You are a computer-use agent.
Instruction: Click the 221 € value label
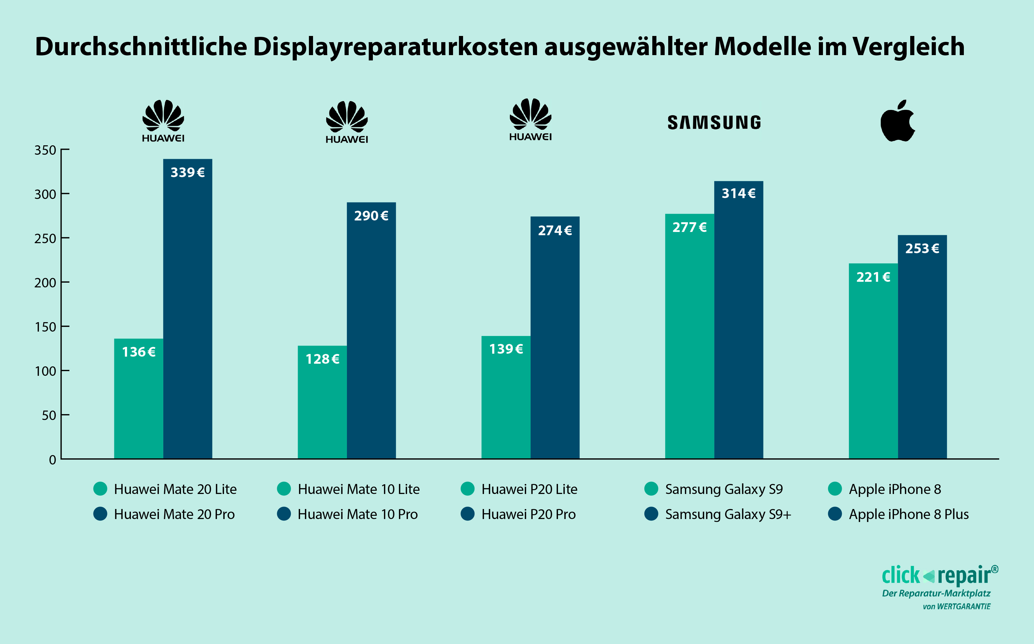pyautogui.click(x=873, y=277)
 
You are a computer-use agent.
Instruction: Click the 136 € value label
pyautogui.click(x=139, y=352)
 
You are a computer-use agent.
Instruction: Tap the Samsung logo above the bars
pyautogui.click(x=714, y=123)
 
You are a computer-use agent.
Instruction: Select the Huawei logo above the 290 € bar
pyautogui.click(x=347, y=122)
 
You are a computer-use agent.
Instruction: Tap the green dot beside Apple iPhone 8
pyautogui.click(x=835, y=489)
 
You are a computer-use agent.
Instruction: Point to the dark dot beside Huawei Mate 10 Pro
pyautogui.click(x=284, y=514)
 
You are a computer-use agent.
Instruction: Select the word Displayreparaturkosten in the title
pyautogui.click(x=396, y=47)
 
